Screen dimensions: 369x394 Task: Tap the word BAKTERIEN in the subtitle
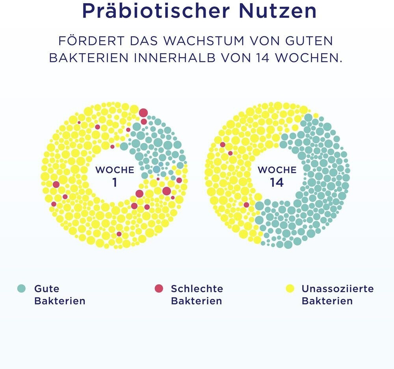point(89,57)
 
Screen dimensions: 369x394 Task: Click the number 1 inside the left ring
point(114,183)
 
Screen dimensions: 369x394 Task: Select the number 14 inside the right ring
point(277,183)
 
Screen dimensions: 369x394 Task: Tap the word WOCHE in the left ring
point(115,170)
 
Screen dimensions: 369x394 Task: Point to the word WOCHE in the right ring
point(277,170)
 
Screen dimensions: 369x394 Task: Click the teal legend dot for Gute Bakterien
point(21,289)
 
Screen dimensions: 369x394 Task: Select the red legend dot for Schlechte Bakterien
point(158,289)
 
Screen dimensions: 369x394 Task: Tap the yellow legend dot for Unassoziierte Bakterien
point(290,289)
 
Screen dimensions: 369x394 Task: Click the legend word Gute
point(47,289)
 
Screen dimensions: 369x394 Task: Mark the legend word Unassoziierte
point(338,289)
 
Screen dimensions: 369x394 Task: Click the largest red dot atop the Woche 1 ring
point(143,112)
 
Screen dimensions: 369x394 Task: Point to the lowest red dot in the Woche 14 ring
point(246,205)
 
